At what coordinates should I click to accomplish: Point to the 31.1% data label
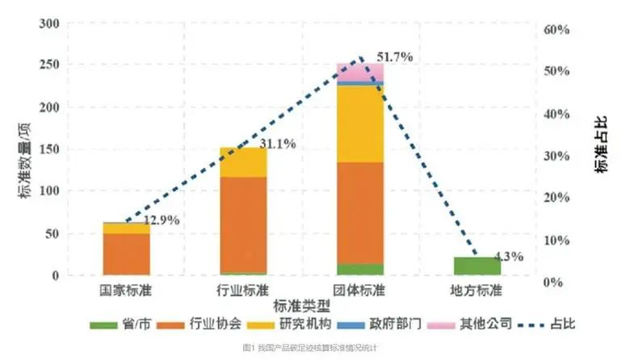(277, 144)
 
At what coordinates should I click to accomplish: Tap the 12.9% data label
(161, 220)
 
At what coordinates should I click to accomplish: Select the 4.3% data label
(509, 257)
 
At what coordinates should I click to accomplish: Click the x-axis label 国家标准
(126, 289)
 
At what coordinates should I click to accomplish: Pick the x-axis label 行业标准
(243, 289)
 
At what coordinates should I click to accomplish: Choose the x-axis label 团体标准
(360, 289)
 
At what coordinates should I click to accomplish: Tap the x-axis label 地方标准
(477, 289)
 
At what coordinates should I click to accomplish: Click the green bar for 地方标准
(477, 266)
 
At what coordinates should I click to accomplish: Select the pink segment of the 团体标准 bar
(360, 71)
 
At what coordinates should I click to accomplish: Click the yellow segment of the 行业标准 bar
(243, 162)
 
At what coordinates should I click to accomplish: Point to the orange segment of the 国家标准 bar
(126, 254)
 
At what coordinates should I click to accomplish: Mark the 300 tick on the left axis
(49, 25)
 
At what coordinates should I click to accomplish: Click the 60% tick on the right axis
(557, 30)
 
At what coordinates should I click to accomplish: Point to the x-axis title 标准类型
(301, 305)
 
